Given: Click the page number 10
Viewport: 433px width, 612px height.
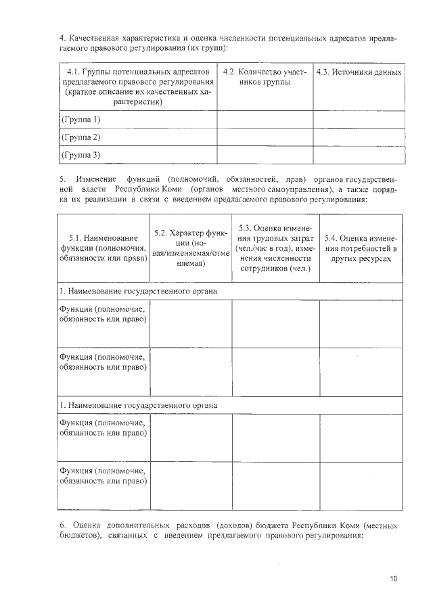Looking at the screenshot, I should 394,578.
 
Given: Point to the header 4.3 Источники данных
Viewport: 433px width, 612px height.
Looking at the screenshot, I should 359,72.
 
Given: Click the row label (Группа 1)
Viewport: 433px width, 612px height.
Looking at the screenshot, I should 81,119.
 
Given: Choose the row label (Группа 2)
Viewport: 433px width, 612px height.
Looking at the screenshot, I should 81,137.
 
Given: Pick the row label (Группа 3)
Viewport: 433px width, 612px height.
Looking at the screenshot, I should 81,155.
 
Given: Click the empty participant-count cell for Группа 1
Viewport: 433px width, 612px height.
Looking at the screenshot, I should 265,120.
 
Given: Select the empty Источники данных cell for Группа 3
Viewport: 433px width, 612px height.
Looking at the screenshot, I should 359,156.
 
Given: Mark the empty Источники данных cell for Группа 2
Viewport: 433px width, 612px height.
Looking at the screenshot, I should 359,137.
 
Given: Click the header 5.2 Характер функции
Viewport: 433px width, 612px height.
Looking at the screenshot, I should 190,248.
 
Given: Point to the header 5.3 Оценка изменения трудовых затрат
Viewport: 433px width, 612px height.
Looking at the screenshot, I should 275,248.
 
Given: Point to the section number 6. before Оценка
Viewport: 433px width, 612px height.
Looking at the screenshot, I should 62,525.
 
